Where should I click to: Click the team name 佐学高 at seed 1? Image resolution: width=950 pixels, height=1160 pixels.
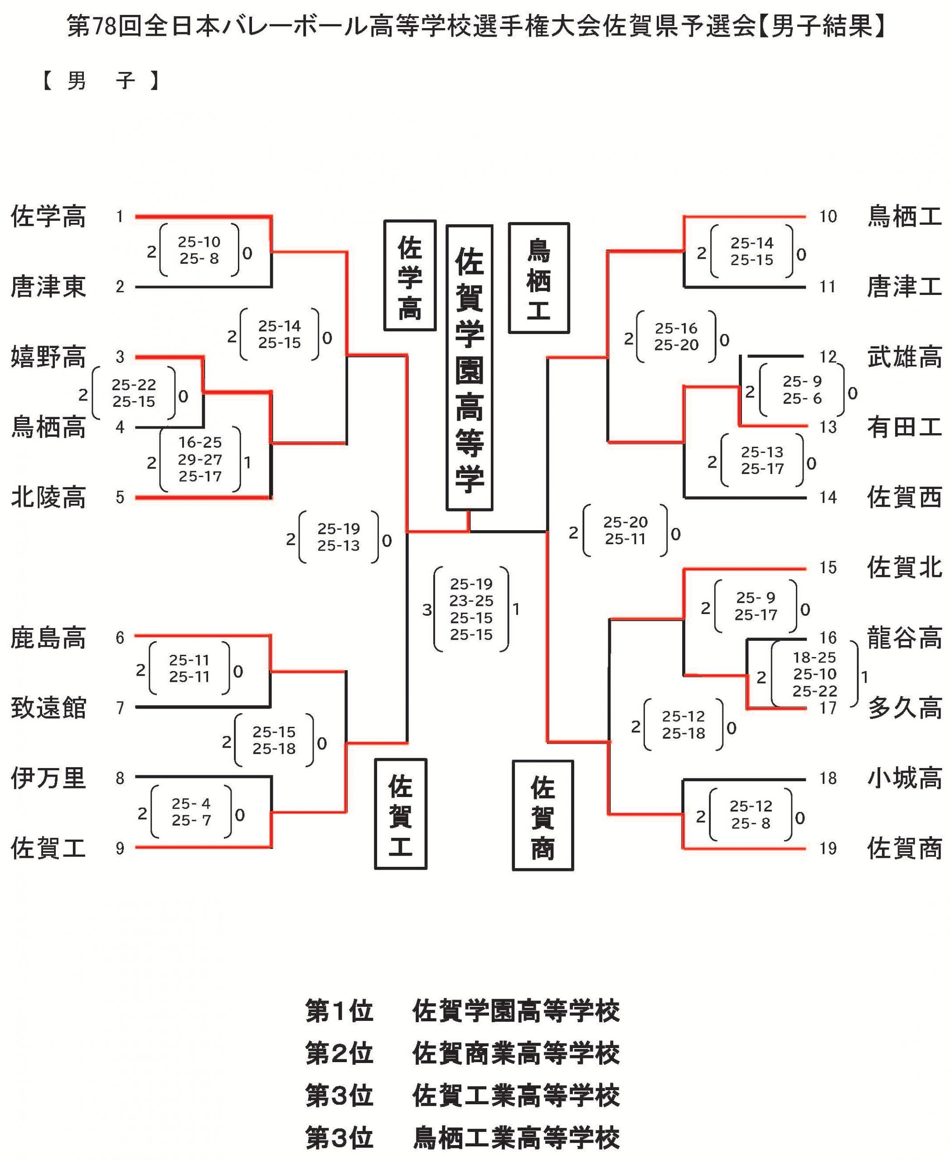[48, 217]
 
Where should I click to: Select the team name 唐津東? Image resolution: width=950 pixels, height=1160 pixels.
[48, 287]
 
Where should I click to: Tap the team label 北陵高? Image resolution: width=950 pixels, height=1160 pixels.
[48, 498]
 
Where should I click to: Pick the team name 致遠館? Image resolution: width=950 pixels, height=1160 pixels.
[48, 707]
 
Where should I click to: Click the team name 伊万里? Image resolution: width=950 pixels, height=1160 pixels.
[48, 778]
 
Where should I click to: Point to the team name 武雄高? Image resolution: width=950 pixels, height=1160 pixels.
[904, 357]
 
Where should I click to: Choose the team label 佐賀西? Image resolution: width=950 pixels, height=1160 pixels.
[904, 498]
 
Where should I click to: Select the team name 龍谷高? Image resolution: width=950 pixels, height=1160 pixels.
[904, 638]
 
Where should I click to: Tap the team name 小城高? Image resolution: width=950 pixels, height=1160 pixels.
[904, 778]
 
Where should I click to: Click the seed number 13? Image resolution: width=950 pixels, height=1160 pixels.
[828, 427]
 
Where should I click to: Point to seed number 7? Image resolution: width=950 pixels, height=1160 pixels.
[120, 707]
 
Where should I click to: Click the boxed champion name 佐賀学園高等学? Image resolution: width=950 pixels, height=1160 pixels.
[469, 367]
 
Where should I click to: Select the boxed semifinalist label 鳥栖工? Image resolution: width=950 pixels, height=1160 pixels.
[538, 278]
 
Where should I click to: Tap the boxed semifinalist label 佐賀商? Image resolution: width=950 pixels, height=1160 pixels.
[543, 815]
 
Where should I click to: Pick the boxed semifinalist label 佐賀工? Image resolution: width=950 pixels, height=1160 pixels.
[401, 814]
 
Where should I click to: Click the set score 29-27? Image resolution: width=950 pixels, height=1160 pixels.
[200, 459]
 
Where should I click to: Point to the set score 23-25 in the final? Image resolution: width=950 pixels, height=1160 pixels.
[471, 601]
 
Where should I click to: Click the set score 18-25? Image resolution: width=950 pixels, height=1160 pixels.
[814, 657]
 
